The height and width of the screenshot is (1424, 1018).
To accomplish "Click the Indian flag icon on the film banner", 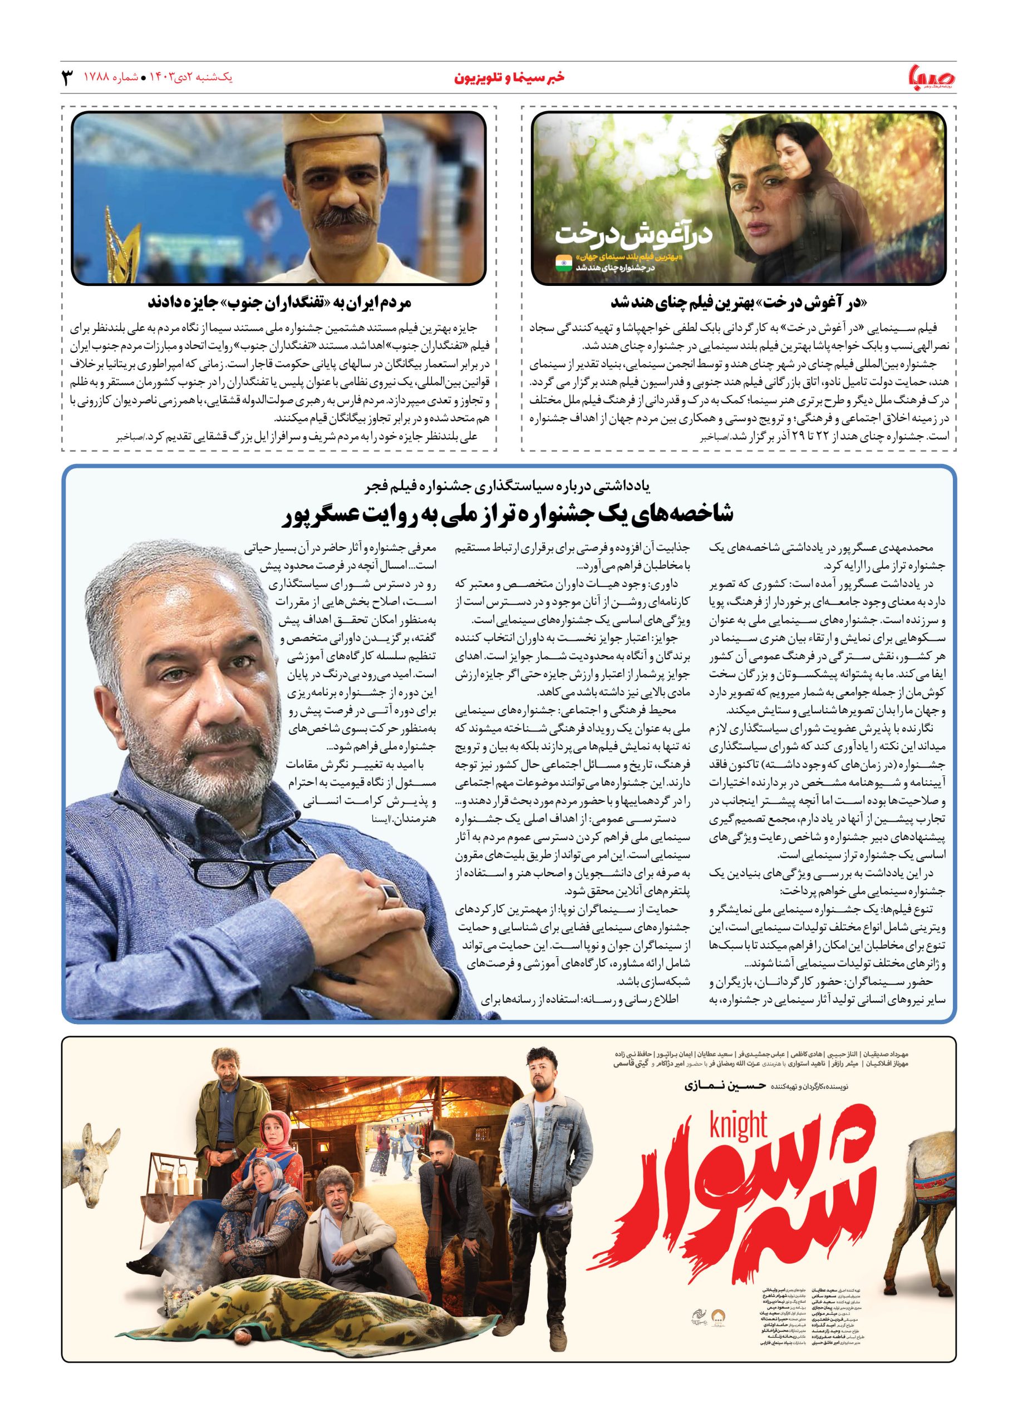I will tap(563, 263).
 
